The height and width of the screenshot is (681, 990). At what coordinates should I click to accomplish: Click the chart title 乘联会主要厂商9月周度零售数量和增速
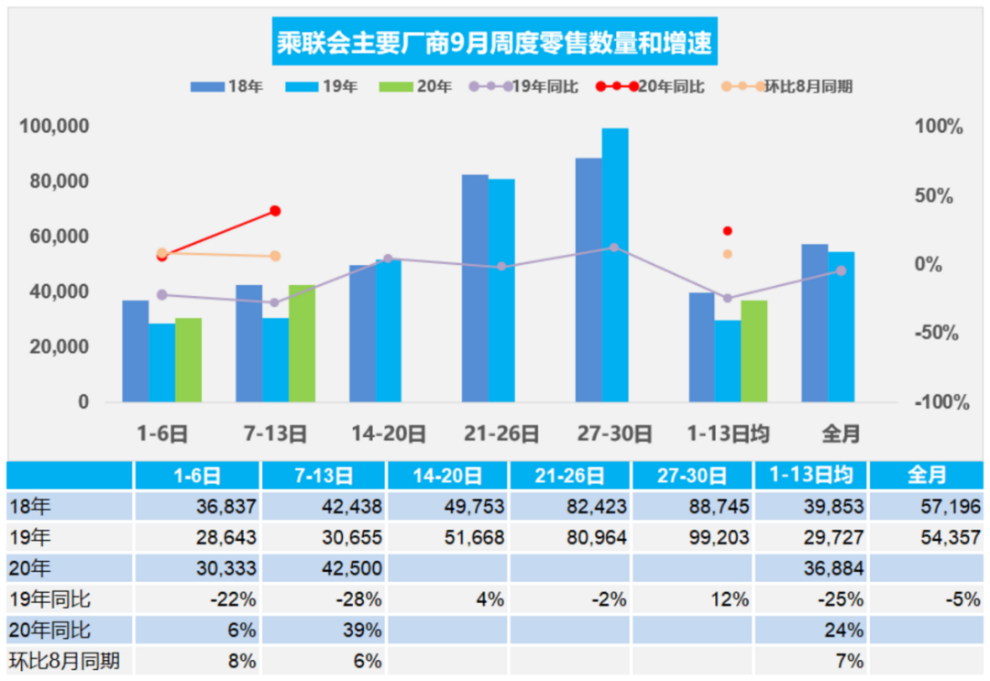494,43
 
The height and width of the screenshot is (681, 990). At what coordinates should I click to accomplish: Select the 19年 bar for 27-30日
615,265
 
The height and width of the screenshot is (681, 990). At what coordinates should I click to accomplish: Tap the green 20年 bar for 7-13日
302,343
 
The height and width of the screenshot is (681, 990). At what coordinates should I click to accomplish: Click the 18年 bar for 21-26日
474,288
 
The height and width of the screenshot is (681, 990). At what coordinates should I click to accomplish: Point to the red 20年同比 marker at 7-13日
275,211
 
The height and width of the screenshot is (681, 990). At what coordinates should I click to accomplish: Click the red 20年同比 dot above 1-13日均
728,231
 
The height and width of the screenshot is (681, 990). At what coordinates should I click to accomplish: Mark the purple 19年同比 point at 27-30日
614,247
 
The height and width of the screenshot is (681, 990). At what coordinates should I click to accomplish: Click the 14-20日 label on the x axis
388,434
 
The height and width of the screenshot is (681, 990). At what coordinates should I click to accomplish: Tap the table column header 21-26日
568,476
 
